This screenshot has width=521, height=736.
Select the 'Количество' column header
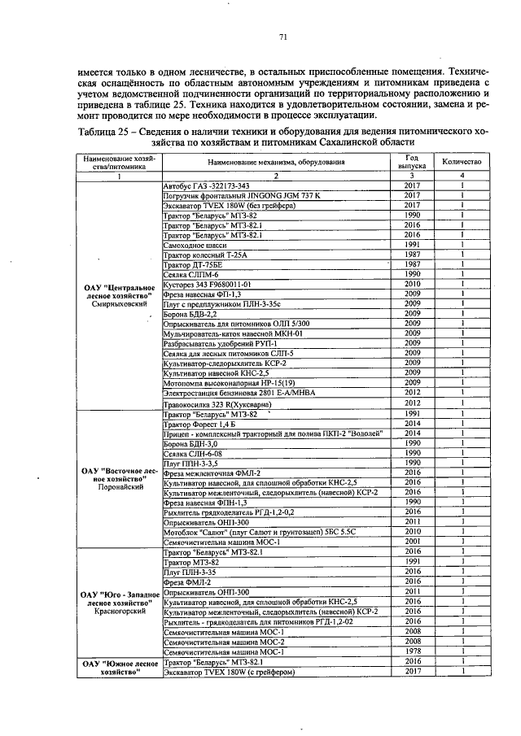click(462, 162)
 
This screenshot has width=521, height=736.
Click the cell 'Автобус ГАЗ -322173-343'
click(208, 187)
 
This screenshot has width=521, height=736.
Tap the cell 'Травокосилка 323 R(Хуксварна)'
click(217, 403)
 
